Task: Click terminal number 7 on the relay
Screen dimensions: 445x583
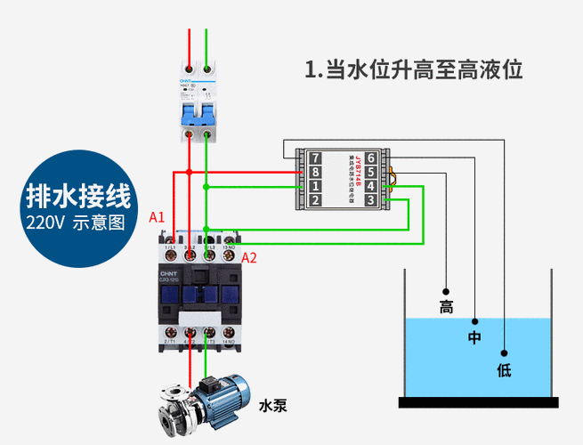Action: coord(314,158)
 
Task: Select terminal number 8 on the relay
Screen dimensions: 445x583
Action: coord(314,172)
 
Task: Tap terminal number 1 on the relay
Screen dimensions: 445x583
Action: coord(314,186)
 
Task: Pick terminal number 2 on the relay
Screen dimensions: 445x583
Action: coord(314,200)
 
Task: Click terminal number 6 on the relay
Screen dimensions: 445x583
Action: coord(371,158)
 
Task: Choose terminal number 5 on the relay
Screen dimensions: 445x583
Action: coord(371,172)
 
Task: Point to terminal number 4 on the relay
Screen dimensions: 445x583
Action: coord(371,186)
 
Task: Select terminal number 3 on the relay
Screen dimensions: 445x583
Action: coord(371,200)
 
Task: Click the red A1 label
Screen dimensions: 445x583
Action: coord(157,216)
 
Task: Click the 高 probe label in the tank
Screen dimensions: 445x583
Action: coord(446,308)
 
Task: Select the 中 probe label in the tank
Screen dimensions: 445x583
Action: coord(474,338)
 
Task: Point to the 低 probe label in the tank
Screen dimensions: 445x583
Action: coord(504,369)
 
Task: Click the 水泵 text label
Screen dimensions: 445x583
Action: coord(272,406)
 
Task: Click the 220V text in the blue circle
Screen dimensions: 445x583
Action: coord(51,222)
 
